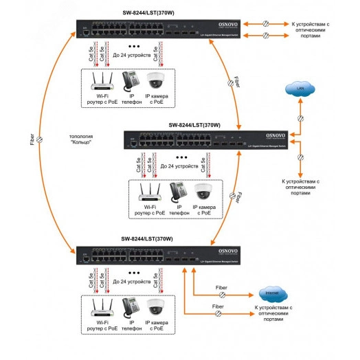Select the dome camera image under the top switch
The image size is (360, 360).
(x=155, y=81)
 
